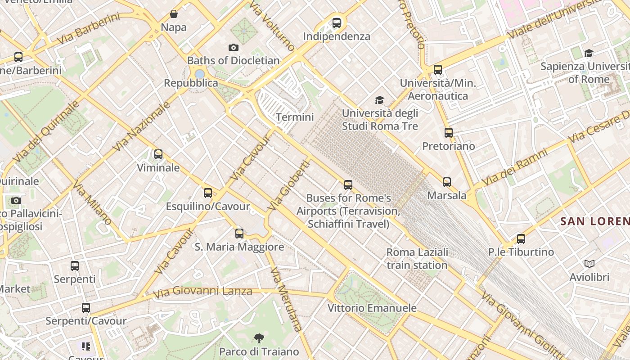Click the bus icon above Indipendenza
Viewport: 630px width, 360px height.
[336, 23]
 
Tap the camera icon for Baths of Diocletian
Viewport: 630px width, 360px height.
[233, 47]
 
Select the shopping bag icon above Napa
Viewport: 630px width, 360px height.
[174, 14]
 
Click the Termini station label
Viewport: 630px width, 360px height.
[295, 117]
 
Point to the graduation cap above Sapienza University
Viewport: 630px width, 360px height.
[589, 54]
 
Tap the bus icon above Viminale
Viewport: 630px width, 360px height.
[158, 154]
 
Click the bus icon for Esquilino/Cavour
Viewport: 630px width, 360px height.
[207, 193]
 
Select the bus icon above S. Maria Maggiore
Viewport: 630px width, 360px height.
[239, 234]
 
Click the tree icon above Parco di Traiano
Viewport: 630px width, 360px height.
[259, 338]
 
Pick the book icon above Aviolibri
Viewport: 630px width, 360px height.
[589, 264]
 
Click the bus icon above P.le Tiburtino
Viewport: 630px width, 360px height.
[521, 239]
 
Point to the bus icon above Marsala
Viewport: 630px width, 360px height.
[446, 182]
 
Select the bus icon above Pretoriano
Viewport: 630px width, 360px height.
[448, 133]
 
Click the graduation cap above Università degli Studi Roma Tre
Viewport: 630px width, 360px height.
[380, 100]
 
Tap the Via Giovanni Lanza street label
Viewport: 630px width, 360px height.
[202, 292]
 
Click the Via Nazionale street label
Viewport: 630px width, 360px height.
[141, 126]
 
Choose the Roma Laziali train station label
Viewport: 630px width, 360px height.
[417, 259]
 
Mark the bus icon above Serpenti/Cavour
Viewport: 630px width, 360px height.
[85, 308]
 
